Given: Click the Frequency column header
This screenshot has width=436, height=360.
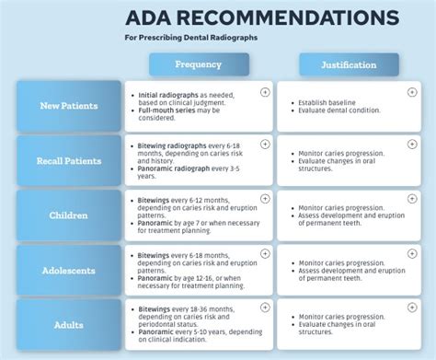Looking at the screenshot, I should [x=198, y=65].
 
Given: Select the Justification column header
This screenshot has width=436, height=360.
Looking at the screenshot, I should [x=349, y=65].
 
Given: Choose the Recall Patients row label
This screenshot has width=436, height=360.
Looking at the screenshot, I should [x=69, y=161].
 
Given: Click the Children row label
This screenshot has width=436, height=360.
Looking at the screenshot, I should [x=69, y=215].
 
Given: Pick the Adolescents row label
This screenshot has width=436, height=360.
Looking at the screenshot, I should [x=69, y=271].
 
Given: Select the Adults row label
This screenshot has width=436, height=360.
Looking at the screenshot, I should [x=69, y=324].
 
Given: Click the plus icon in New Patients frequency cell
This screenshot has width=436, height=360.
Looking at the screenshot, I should [x=265, y=91].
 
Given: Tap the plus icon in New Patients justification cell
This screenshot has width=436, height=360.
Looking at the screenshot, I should [x=416, y=91].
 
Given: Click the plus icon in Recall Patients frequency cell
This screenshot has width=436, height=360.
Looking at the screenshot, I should [x=265, y=145].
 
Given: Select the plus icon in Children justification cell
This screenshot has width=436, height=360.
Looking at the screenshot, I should [x=416, y=199].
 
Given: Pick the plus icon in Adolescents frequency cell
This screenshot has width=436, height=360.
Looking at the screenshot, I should [x=265, y=253].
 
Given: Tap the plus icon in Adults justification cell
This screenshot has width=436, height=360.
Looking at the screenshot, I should [x=416, y=308].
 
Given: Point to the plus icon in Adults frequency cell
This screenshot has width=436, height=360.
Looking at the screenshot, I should [x=265, y=308].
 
